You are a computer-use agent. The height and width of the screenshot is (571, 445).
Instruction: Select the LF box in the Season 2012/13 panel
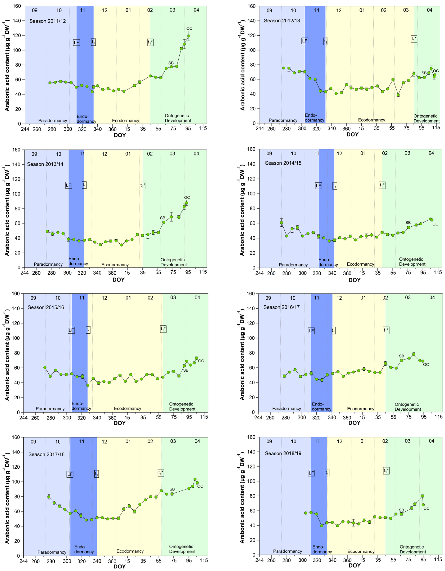[x=305, y=41]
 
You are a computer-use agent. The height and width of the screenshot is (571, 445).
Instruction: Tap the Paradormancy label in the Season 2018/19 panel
[x=287, y=551]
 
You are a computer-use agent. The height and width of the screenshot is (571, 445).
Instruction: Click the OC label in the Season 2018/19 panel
[x=426, y=508]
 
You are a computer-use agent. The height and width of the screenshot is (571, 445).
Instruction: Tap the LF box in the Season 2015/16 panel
[x=71, y=330]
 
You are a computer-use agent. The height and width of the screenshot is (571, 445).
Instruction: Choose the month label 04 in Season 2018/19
[x=431, y=441]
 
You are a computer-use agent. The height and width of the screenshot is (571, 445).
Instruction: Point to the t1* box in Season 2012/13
[x=414, y=39]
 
